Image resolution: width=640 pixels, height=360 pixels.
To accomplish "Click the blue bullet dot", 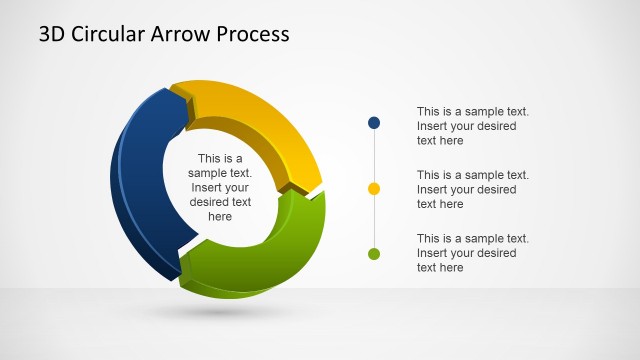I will coord(374,123).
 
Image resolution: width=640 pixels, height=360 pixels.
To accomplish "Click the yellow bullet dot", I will coord(374,188).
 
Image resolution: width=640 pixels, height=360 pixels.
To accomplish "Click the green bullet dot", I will coord(374,254).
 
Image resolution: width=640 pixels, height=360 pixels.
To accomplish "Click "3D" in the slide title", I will coord(52,34).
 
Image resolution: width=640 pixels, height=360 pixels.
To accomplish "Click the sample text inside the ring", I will coord(220,187).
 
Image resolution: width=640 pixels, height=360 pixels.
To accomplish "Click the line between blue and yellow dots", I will coord(374,155).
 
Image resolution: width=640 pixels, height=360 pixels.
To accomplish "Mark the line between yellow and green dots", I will coord(374,221).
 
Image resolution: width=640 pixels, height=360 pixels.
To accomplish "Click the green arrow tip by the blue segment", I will coord(186,262).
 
